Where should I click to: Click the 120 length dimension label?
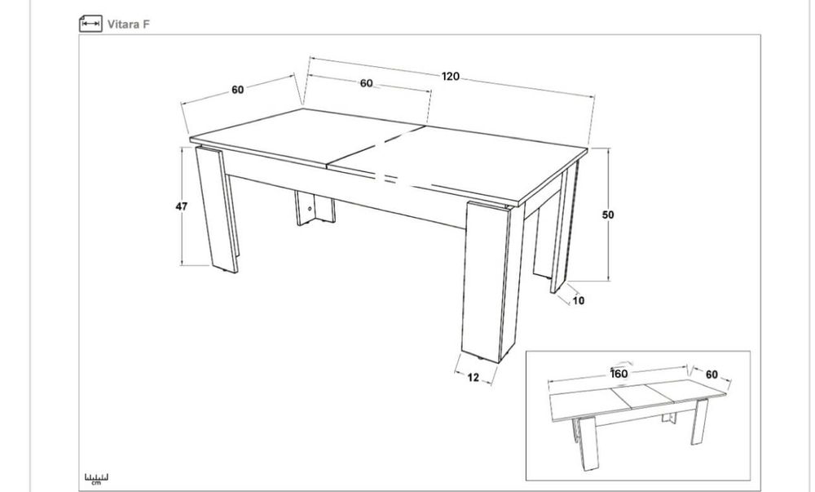(451, 77)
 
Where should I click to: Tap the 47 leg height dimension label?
(181, 206)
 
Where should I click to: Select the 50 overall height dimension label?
(608, 215)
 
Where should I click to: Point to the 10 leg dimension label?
(579, 300)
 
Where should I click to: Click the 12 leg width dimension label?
(473, 377)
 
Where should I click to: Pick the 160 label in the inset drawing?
(619, 374)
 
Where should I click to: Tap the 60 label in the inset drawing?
(711, 375)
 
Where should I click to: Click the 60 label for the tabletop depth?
(237, 90)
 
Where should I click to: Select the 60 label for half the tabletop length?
(367, 83)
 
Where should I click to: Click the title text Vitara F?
(129, 24)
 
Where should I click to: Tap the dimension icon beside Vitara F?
(90, 24)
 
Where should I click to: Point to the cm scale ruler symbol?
(97, 478)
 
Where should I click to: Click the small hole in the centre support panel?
(310, 209)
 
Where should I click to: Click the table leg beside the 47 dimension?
(217, 209)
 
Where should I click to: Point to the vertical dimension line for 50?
(608, 215)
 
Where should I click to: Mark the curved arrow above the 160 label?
(622, 365)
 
